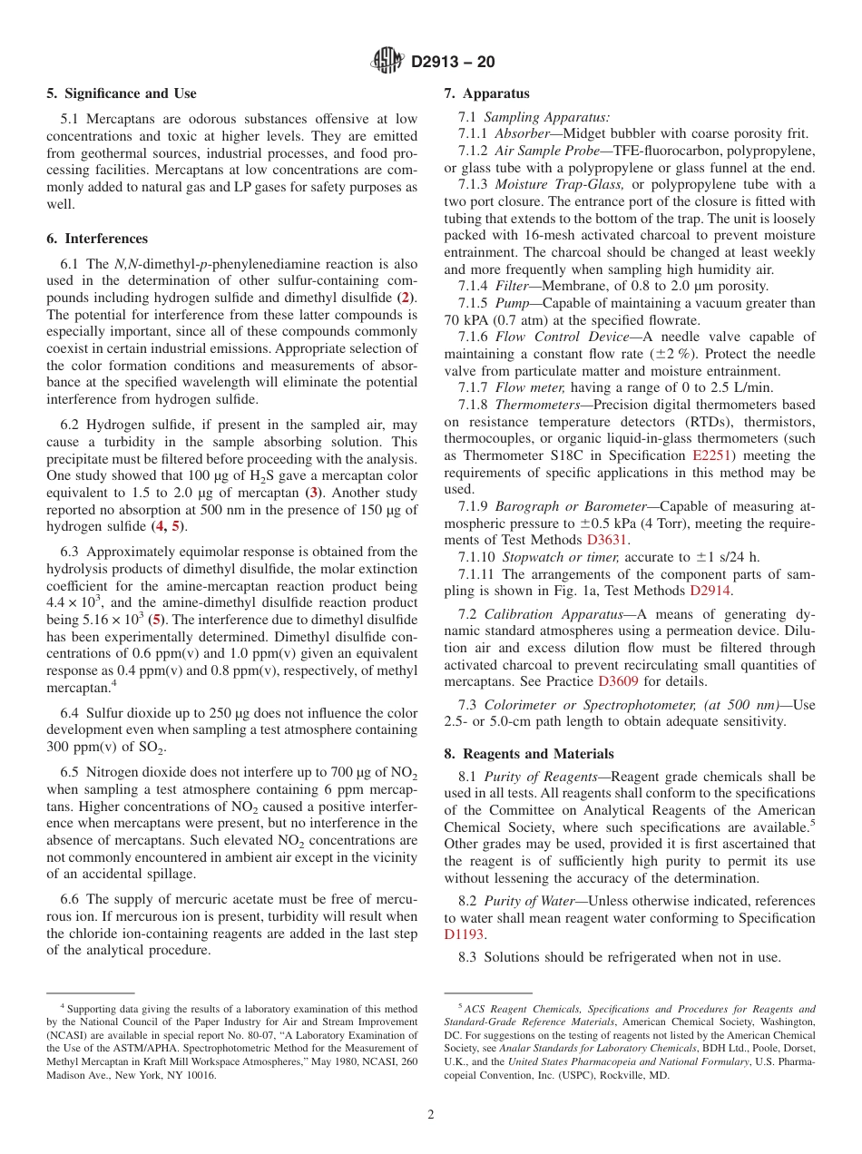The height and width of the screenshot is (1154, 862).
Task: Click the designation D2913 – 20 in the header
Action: [x=453, y=63]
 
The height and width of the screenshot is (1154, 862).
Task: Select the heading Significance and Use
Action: [x=121, y=93]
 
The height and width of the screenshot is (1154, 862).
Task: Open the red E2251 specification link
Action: [x=714, y=455]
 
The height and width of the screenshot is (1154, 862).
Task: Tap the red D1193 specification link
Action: [x=464, y=934]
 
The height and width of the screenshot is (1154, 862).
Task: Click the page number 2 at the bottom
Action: [x=431, y=1114]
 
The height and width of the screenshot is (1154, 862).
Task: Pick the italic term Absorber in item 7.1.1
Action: [x=522, y=133]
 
